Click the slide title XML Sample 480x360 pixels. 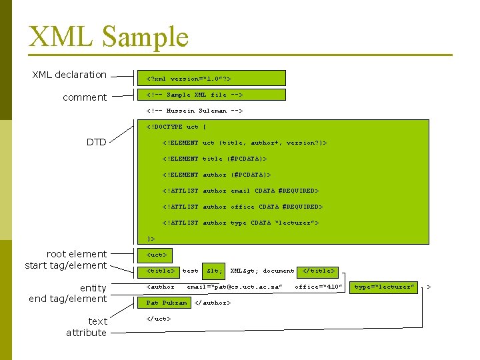[x=109, y=37]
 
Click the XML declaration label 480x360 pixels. [x=69, y=75]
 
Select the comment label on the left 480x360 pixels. [x=85, y=97]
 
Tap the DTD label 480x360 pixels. [x=97, y=142]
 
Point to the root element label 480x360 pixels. [x=77, y=254]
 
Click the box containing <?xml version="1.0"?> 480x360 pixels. [x=210, y=79]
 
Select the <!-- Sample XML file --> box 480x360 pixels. [x=210, y=95]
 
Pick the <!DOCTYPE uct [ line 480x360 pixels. [x=172, y=127]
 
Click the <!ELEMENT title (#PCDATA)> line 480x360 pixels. [x=214, y=159]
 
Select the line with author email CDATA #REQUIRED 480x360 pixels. [x=241, y=191]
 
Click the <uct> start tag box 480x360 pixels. [x=157, y=255]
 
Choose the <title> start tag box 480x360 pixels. [x=160, y=271]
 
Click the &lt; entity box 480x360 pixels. [x=214, y=271]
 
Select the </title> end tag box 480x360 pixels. [x=319, y=271]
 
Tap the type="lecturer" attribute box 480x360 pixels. [x=385, y=287]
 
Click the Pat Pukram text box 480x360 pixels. [x=166, y=303]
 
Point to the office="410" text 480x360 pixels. [x=319, y=287]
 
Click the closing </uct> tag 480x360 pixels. [x=159, y=319]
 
